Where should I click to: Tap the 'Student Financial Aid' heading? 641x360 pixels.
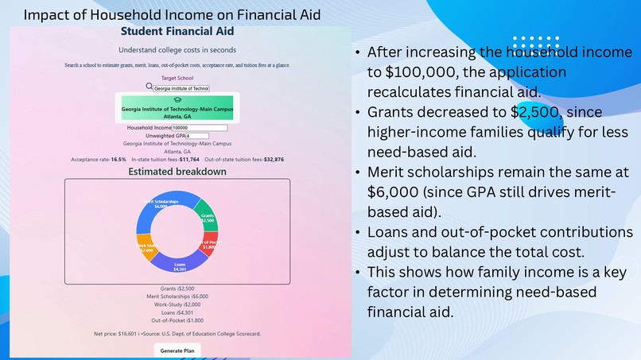[177, 32]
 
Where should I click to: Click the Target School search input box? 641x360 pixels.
[181, 88]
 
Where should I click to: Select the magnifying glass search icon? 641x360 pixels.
[149, 87]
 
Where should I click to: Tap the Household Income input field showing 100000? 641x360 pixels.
[200, 127]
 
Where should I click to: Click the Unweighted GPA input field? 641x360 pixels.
[196, 136]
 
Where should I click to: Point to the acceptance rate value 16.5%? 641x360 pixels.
[118, 160]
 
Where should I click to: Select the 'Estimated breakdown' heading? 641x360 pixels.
[177, 172]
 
